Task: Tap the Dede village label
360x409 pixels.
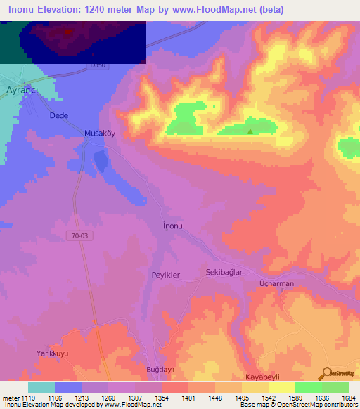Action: coord(58,116)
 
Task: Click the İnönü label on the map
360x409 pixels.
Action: coord(172,226)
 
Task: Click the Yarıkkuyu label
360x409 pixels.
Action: coord(53,353)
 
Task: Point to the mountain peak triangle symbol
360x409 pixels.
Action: coord(250,130)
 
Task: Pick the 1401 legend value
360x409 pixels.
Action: coord(188,397)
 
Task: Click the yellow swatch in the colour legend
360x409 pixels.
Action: coord(281,387)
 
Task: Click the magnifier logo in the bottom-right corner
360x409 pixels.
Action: coord(327,373)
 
